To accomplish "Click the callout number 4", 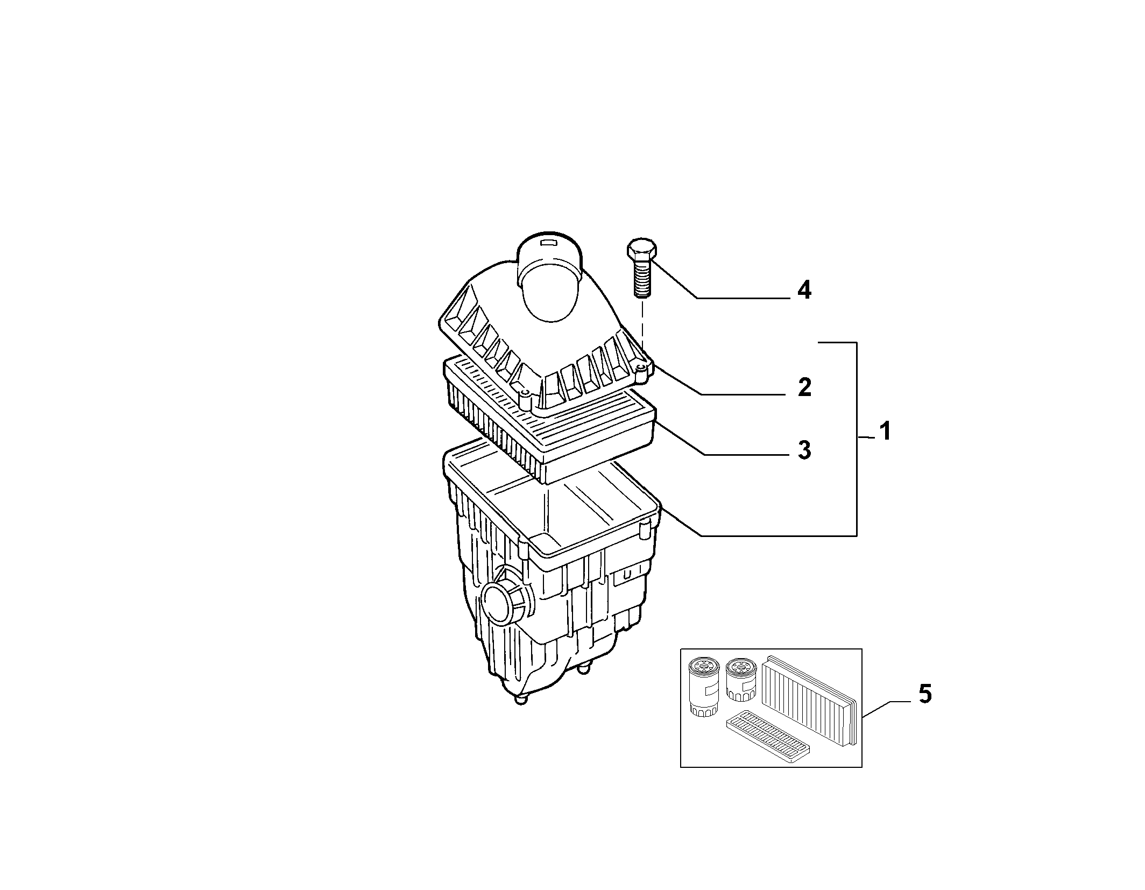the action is pyautogui.click(x=804, y=291).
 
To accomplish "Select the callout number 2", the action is pyautogui.click(x=804, y=387).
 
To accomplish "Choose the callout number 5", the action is pyautogui.click(x=924, y=694).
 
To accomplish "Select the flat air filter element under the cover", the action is pyautogui.click(x=549, y=420).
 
